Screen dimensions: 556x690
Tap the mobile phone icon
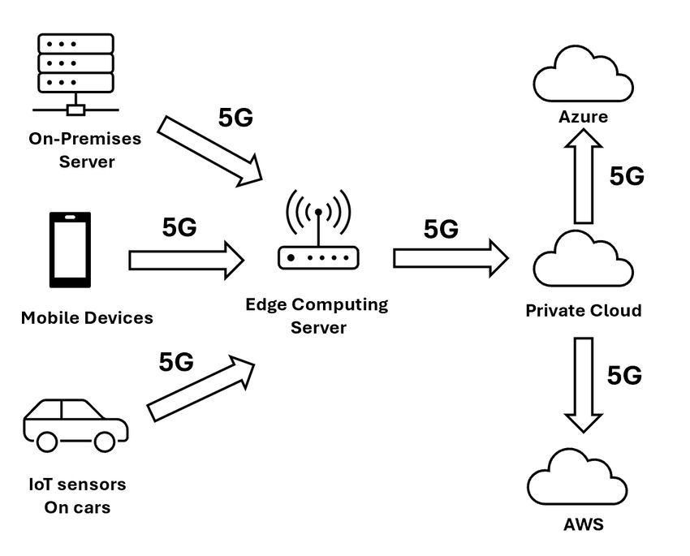tap(71, 250)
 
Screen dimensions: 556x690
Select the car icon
tap(75, 424)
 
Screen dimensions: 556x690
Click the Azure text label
tap(583, 117)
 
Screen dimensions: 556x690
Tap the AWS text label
tap(583, 524)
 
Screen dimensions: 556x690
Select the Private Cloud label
tap(583, 310)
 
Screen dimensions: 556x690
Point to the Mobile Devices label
tap(87, 317)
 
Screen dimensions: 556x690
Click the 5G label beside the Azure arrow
tap(627, 176)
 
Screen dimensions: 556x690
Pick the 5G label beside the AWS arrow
tap(625, 376)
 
